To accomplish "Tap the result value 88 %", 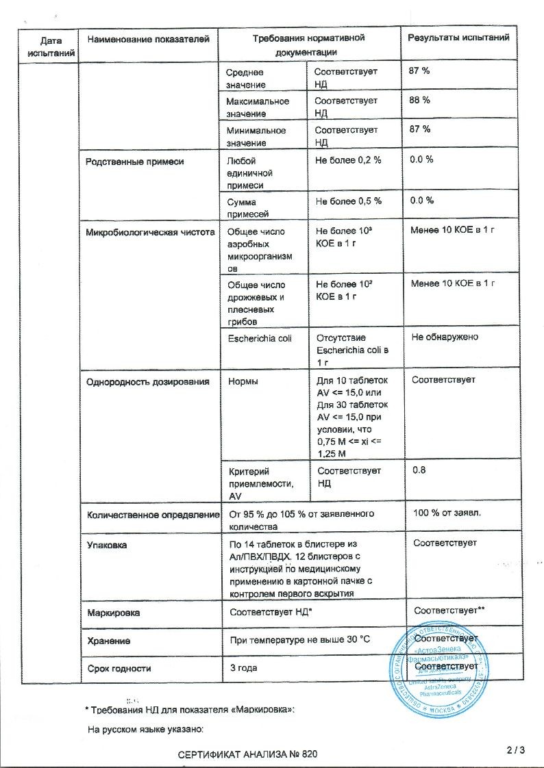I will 420,101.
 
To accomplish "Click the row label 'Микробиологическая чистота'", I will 149,232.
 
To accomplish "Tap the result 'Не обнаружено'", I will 445,337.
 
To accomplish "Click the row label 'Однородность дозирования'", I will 147,381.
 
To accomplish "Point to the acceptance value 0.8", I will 419,471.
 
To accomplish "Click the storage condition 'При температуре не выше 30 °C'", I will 299,640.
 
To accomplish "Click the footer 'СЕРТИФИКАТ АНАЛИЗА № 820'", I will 248,754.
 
